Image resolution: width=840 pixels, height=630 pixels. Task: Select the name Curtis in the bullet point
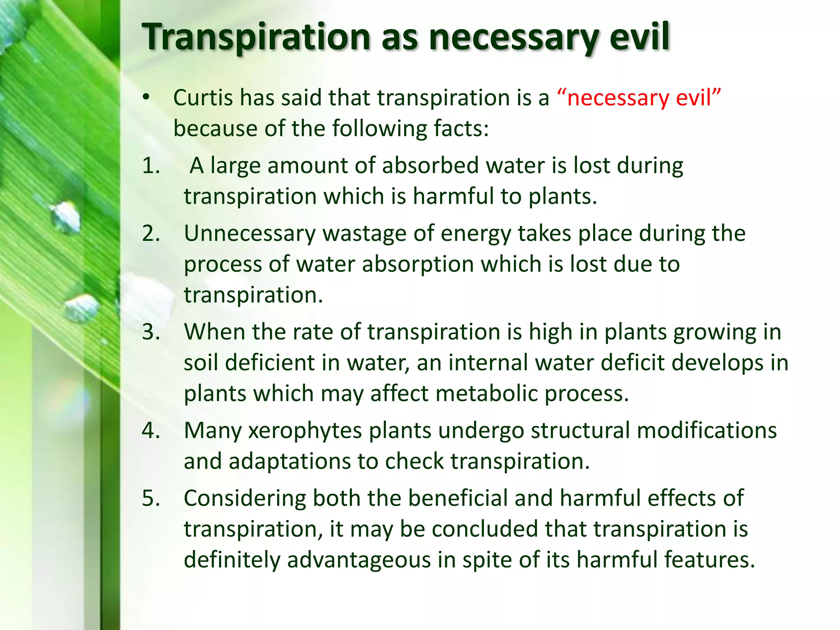tap(203, 98)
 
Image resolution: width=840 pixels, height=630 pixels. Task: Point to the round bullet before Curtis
tap(146, 98)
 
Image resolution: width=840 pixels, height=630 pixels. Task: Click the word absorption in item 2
tap(418, 265)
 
